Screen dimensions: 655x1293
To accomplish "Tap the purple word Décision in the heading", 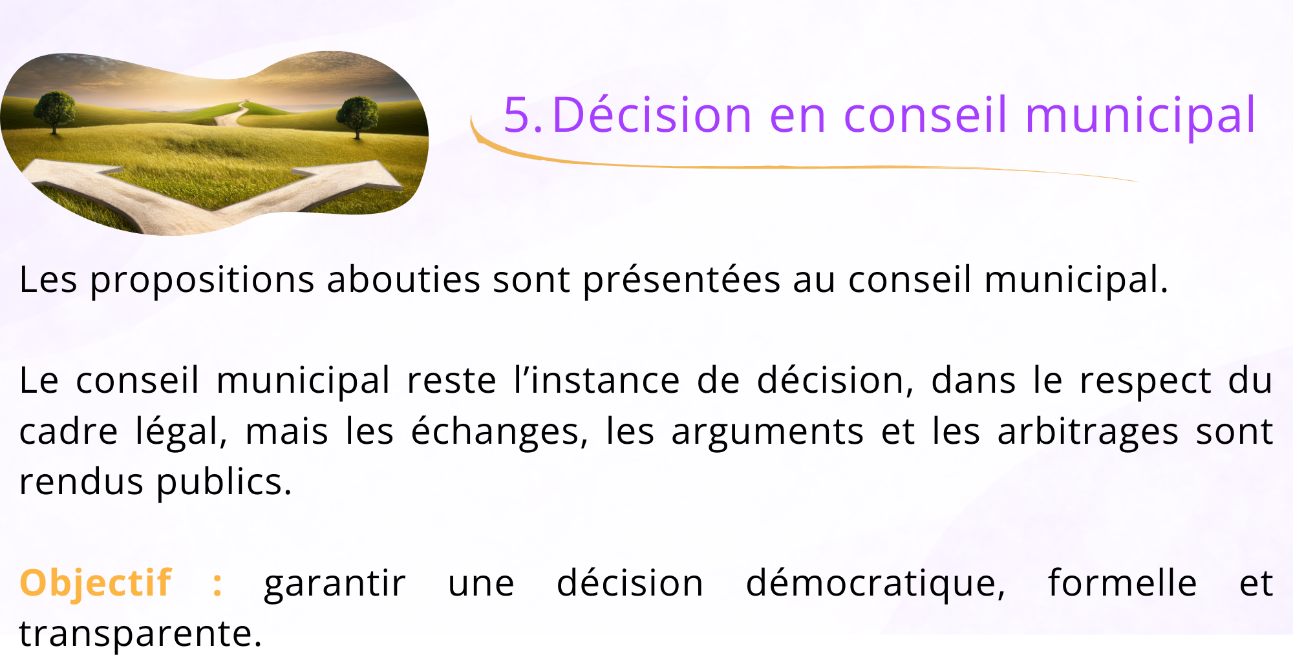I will coord(652,116).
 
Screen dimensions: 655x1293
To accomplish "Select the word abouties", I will coord(403,280).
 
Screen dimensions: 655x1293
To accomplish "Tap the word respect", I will coord(1145,381).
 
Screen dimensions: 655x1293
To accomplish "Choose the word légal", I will coord(181,432).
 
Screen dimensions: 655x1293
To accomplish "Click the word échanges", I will coord(499,432).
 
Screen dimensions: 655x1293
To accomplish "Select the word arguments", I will coord(767,432).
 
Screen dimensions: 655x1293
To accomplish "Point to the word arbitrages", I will coord(1087,432).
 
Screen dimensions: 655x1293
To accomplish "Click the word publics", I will coord(224,483).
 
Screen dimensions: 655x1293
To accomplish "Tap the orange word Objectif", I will coord(96,583).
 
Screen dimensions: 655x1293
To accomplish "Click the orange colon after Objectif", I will coord(218,584).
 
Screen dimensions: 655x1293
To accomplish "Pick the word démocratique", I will coord(875,584).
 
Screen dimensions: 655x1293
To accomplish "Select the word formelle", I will coord(1122,583).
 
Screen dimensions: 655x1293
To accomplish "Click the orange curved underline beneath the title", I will coord(776,167).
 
